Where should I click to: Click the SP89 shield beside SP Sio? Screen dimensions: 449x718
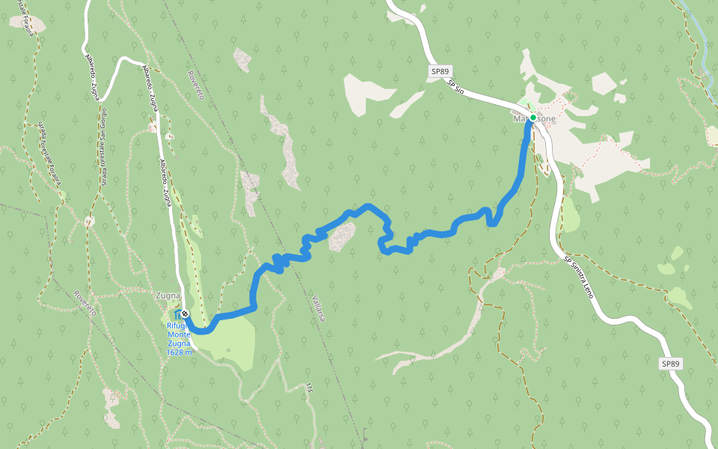441,72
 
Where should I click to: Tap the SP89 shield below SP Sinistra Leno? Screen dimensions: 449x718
671,364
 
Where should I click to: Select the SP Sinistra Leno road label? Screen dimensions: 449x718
580,278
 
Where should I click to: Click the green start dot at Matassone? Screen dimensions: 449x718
533,117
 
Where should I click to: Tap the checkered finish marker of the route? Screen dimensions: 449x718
185,314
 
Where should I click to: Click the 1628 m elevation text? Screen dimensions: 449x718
179,352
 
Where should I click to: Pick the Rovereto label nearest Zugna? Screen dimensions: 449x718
84,302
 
